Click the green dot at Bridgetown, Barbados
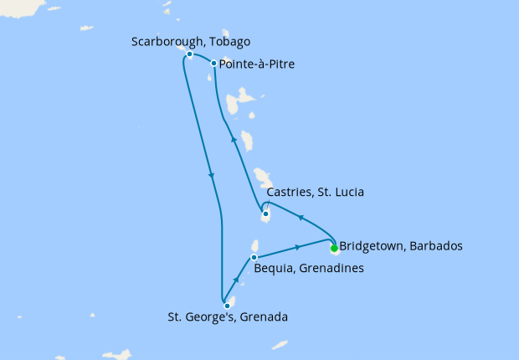pyautogui.click(x=334, y=248)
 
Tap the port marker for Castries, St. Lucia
pyautogui.click(x=265, y=214)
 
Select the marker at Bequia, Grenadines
pyautogui.click(x=254, y=257)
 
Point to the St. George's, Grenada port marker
pyautogui.click(x=227, y=306)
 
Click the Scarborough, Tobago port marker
pyautogui.click(x=190, y=54)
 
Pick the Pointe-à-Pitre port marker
pyautogui.click(x=214, y=63)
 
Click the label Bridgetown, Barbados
pyautogui.click(x=400, y=247)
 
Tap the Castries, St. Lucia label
pyautogui.click(x=314, y=193)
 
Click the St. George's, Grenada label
pyautogui.click(x=228, y=317)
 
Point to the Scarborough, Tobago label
pyautogui.click(x=191, y=42)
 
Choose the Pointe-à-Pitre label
pyautogui.click(x=256, y=64)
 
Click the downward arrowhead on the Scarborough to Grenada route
pyautogui.click(x=212, y=177)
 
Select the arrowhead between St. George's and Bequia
pyautogui.click(x=238, y=280)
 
